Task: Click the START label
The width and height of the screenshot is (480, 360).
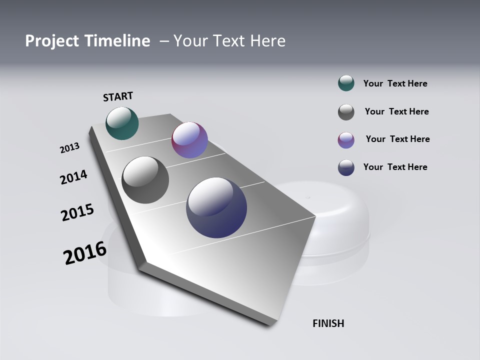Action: (x=118, y=96)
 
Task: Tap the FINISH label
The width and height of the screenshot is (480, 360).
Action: (x=328, y=323)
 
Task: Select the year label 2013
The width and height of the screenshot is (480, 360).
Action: (x=69, y=148)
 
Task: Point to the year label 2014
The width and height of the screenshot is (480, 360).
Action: (x=73, y=177)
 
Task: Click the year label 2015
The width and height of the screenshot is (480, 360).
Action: (x=77, y=212)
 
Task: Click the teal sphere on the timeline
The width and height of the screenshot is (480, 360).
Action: (x=122, y=123)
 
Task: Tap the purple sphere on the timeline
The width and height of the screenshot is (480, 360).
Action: (x=189, y=140)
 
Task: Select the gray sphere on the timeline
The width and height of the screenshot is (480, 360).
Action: (x=145, y=180)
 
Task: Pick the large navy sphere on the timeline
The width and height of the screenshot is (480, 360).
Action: (x=216, y=207)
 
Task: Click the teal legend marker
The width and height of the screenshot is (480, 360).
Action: (x=346, y=83)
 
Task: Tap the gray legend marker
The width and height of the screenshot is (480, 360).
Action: (x=346, y=112)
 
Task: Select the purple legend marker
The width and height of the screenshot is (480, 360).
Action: (x=346, y=140)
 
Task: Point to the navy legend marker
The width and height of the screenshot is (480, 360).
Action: (x=346, y=167)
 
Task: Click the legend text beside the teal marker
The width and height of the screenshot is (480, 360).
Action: (x=395, y=83)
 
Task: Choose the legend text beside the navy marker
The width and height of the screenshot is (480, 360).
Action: (x=395, y=167)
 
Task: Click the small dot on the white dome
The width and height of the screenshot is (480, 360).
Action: (x=308, y=197)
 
